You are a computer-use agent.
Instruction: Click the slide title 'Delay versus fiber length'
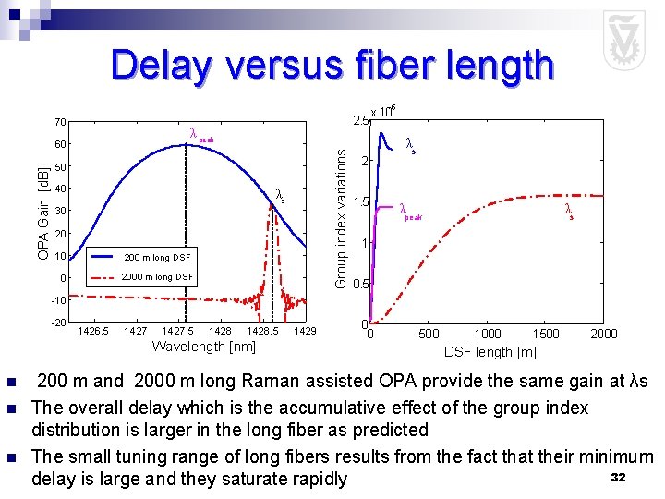click(x=332, y=67)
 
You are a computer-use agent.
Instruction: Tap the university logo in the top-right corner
click(x=623, y=40)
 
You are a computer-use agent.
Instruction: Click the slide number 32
click(x=618, y=476)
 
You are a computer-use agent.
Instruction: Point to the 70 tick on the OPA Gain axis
click(x=58, y=122)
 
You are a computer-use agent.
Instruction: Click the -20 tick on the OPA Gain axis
click(x=56, y=323)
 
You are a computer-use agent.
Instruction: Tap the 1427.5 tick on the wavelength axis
click(x=177, y=331)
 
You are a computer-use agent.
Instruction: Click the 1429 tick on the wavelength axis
click(x=305, y=331)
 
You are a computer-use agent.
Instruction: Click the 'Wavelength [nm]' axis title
click(x=203, y=347)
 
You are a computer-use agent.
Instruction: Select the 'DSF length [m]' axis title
click(x=490, y=351)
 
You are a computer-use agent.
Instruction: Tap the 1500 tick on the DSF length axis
click(x=547, y=334)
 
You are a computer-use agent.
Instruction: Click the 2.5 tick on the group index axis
click(x=360, y=120)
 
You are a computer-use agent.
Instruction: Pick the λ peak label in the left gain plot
click(x=200, y=135)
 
